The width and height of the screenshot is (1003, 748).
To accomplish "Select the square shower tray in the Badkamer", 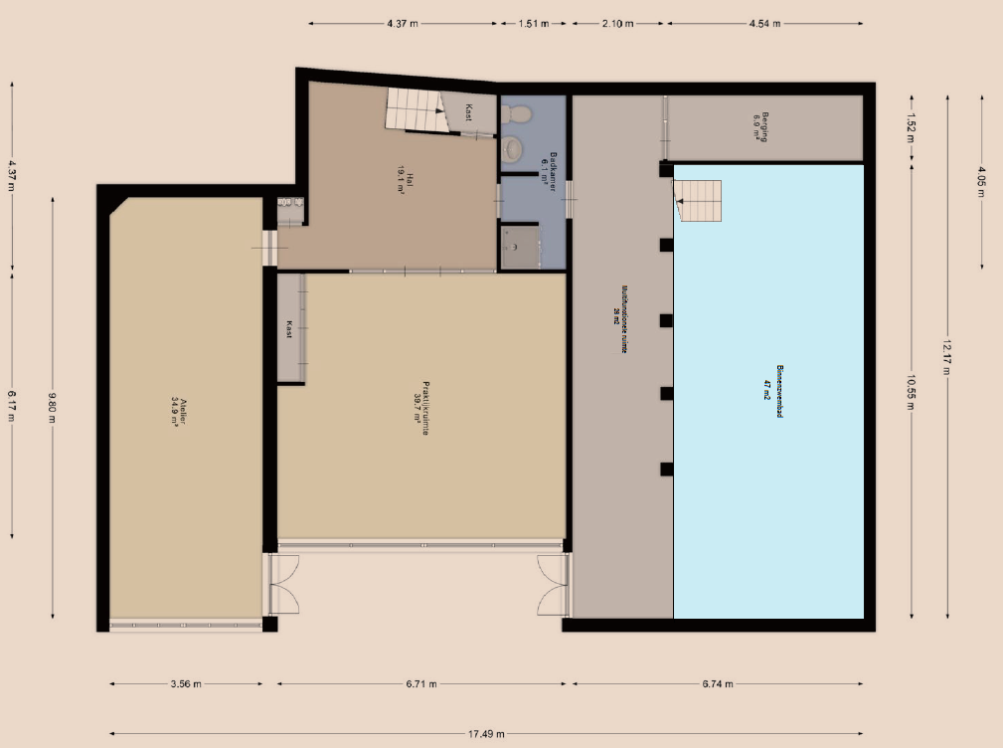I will pyautogui.click(x=518, y=247).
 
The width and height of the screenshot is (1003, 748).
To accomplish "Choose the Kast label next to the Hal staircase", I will pyautogui.click(x=468, y=114).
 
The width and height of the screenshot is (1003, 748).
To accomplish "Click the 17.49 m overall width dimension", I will pyautogui.click(x=486, y=735).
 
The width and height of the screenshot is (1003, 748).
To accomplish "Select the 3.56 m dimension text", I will pyautogui.click(x=186, y=684).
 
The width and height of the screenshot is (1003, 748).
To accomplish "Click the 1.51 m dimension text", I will pyautogui.click(x=534, y=24).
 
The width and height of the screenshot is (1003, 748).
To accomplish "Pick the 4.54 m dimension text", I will pyautogui.click(x=764, y=24).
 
